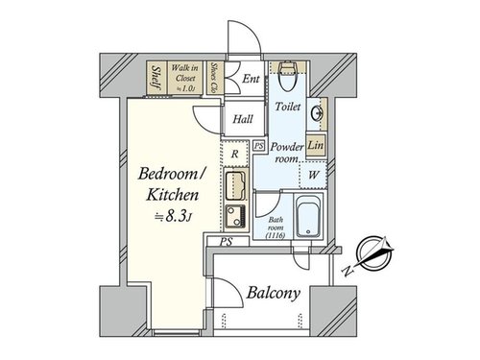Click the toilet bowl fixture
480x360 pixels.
tap(287, 76)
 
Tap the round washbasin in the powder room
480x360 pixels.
tap(317, 113)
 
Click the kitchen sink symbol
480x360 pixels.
tap(235, 185)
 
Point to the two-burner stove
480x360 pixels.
tap(235, 216)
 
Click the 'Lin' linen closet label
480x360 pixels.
tap(315, 145)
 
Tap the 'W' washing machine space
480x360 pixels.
tap(314, 175)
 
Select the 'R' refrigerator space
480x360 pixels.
tap(235, 154)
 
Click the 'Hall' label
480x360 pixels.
tap(243, 119)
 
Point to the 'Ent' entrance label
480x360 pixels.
tap(251, 79)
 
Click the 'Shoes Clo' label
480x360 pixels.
tap(214, 77)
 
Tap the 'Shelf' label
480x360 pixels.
tap(156, 78)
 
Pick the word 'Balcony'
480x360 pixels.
tap(274, 293)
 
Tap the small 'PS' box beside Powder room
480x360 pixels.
tap(259, 146)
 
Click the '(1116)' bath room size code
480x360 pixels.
tap(276, 236)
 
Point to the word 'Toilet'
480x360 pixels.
tap(288, 107)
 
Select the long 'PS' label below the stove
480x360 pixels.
tap(226, 242)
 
